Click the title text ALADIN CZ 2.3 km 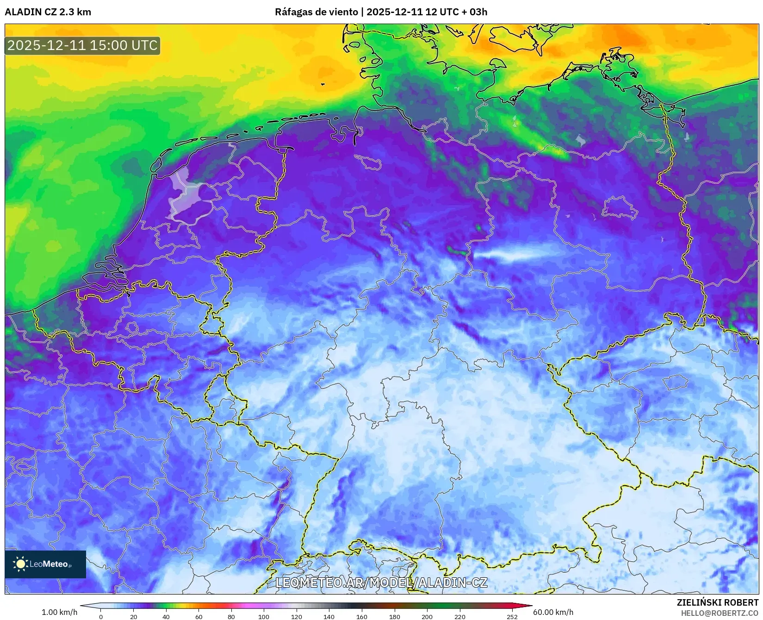point(48,12)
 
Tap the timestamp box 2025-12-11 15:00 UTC point(82,45)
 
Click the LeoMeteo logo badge point(45,564)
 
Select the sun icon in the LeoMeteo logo point(20,564)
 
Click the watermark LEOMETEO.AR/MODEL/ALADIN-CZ point(381,582)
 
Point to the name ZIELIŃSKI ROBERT point(718,602)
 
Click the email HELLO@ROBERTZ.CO point(720,613)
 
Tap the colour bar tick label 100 point(264,617)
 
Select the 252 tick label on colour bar point(512,617)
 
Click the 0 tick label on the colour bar point(101,617)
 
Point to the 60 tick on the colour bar point(199,617)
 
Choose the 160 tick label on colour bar point(362,617)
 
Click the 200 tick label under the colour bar point(427,617)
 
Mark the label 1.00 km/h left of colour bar point(60,612)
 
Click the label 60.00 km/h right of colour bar point(553,612)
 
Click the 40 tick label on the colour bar point(166,617)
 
